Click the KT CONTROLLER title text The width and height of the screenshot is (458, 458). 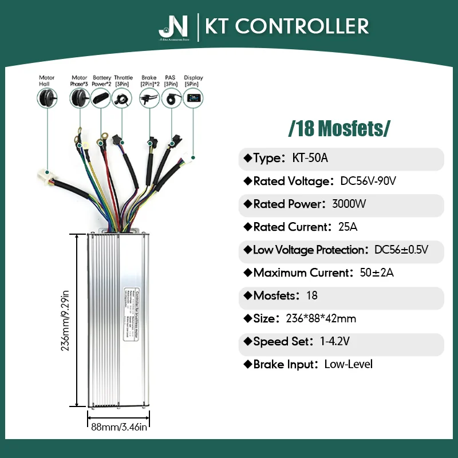[287, 26]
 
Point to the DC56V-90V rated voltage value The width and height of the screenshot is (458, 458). [368, 181]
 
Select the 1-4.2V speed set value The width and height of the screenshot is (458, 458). [335, 342]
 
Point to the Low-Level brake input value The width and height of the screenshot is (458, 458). [348, 365]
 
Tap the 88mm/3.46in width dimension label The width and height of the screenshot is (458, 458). [119, 426]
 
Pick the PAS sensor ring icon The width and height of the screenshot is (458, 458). [171, 99]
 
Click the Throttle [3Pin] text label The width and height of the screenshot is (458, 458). [123, 81]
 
